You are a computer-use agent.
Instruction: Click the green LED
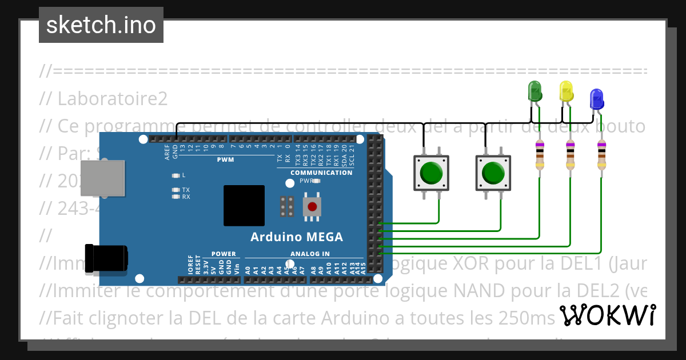click(535, 92)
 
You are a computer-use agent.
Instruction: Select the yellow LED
click(566, 92)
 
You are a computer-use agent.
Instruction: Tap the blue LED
click(597, 99)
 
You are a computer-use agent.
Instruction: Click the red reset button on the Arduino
click(312, 206)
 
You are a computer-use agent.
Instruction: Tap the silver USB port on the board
click(103, 178)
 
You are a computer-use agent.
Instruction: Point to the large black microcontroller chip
click(244, 206)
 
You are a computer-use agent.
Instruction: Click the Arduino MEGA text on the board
click(297, 237)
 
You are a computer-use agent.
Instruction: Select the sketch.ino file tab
click(101, 25)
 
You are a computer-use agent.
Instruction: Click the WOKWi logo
click(607, 315)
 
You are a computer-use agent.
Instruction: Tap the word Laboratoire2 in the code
click(113, 98)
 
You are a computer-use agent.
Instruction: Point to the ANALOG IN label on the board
click(309, 254)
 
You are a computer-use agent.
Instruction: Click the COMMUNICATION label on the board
click(322, 173)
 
